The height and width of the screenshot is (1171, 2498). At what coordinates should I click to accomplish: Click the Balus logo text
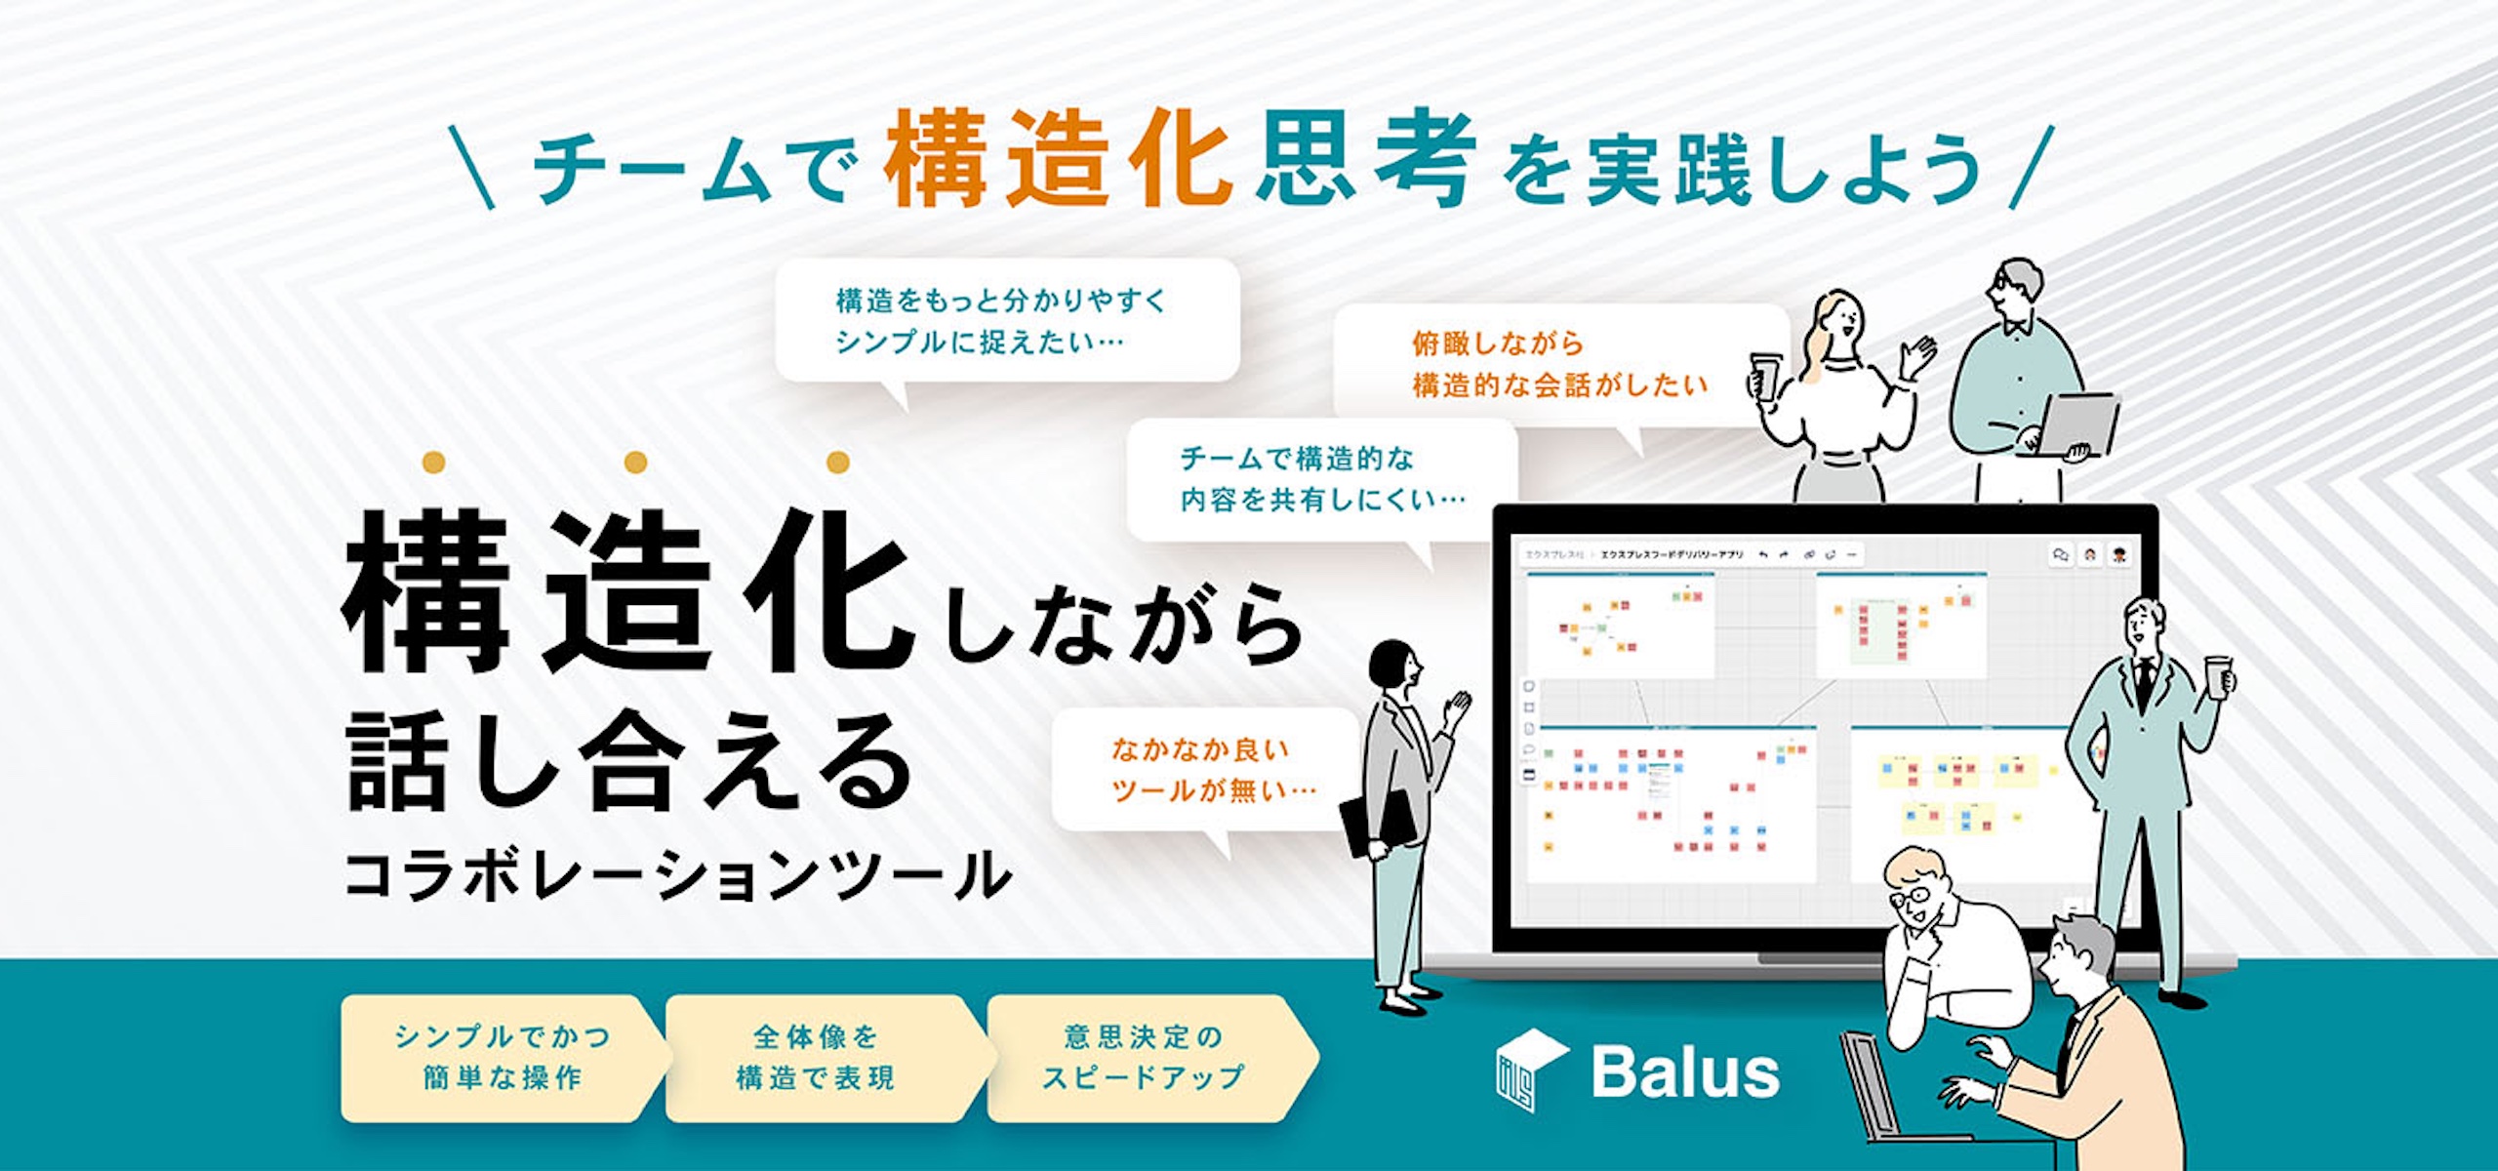1685,1072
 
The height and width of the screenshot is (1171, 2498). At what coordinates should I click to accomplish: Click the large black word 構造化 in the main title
624,595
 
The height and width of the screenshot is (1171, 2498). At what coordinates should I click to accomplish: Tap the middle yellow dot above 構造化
635,462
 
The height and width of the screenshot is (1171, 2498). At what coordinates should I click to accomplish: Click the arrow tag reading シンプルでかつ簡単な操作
503,1058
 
